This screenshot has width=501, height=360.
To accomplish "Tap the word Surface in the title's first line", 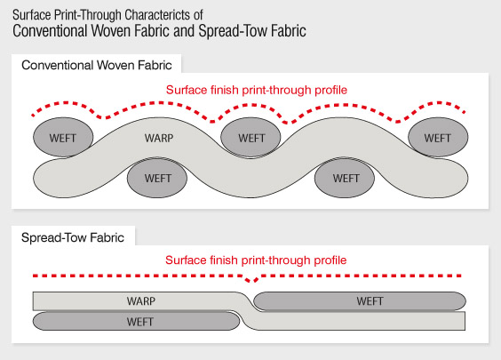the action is coord(32,15).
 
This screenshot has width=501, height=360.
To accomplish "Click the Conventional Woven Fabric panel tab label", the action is coord(97,65).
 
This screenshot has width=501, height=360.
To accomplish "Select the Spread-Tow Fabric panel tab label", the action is coord(73,237).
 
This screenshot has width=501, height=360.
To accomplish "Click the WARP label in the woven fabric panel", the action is coord(159,138).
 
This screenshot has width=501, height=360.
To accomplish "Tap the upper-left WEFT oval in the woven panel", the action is coord(63,137).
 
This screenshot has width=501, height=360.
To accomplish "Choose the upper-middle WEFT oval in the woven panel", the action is coord(250,137).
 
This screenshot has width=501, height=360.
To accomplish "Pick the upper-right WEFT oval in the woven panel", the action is coord(438,137).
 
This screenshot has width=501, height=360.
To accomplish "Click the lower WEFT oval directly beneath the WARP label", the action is coord(157,178).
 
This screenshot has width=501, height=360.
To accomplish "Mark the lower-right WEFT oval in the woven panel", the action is coord(345,178).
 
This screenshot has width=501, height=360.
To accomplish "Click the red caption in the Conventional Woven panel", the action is coord(256,90).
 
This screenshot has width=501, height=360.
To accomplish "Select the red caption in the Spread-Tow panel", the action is coord(256,260).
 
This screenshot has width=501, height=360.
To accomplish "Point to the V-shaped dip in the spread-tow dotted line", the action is coord(252,279).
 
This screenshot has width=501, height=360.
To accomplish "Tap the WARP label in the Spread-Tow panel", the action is coord(141,300).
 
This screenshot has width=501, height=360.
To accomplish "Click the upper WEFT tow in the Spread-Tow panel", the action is coord(360,300).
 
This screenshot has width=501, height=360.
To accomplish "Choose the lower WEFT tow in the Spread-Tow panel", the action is coord(137,321).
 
